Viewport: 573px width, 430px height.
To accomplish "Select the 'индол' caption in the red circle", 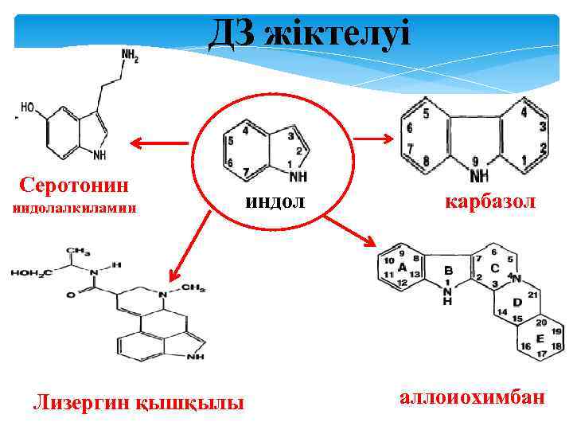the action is click(x=275, y=201).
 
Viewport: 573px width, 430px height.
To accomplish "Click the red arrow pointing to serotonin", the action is click(x=158, y=143).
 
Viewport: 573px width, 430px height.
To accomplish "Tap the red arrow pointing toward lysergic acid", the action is click(x=185, y=243).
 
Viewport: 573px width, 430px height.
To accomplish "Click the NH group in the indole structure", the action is click(x=297, y=176).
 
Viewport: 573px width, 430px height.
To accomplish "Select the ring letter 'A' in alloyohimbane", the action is click(x=403, y=267).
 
